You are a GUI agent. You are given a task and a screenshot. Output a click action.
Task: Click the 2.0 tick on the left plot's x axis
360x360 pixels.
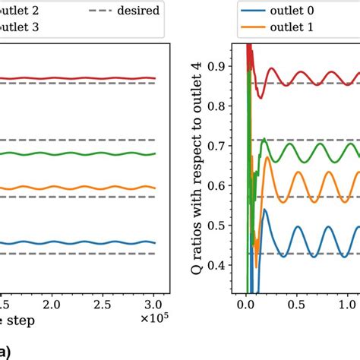[51, 304]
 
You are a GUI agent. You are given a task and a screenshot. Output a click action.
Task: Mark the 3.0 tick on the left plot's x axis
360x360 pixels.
[154, 304]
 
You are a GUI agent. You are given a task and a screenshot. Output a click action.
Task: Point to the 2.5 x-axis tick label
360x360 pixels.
[103, 304]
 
